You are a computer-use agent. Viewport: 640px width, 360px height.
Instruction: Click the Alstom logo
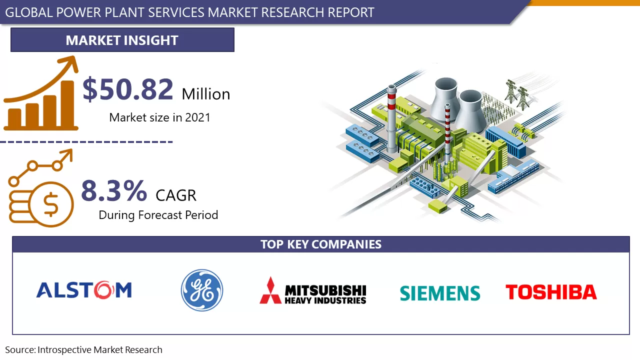(x=84, y=290)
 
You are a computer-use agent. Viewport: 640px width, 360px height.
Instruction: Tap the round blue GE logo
(x=202, y=290)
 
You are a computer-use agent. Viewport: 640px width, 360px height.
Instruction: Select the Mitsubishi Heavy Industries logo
(x=313, y=291)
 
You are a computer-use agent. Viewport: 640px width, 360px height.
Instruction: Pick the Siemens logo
(x=440, y=293)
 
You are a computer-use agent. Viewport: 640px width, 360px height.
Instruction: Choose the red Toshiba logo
(x=551, y=292)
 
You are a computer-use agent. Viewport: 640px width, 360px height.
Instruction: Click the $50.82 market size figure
(x=128, y=89)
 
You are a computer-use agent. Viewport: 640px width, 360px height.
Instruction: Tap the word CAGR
(x=176, y=195)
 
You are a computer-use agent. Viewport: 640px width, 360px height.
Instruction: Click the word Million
(x=206, y=94)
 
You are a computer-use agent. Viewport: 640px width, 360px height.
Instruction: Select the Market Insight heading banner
(x=122, y=40)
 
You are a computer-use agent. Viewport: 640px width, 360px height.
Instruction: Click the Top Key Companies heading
(x=320, y=244)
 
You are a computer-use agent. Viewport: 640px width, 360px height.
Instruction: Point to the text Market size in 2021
(x=159, y=117)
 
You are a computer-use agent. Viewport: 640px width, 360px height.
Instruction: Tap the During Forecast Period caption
(x=158, y=215)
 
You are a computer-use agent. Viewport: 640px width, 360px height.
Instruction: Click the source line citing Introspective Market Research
(x=84, y=350)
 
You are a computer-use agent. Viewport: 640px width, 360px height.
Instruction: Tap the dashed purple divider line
(x=86, y=142)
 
